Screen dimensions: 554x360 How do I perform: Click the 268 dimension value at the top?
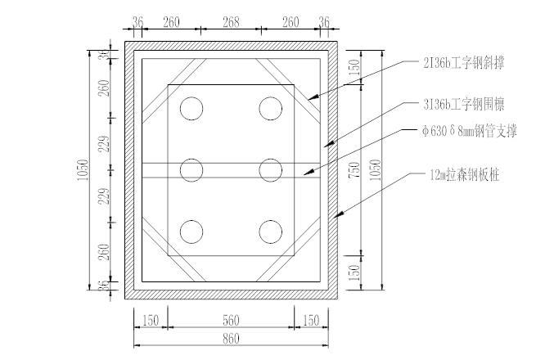(231, 22)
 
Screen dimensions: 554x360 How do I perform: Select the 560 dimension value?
(231, 321)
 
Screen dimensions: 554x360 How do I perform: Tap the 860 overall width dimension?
(231, 339)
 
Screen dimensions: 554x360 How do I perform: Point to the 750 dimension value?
(355, 170)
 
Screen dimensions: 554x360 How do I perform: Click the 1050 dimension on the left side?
(83, 170)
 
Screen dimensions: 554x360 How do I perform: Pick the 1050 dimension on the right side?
(376, 170)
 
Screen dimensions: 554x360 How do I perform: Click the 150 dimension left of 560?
(151, 321)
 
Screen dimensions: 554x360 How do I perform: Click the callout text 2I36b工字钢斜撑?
(463, 63)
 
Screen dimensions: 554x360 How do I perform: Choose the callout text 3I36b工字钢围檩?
(463, 105)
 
